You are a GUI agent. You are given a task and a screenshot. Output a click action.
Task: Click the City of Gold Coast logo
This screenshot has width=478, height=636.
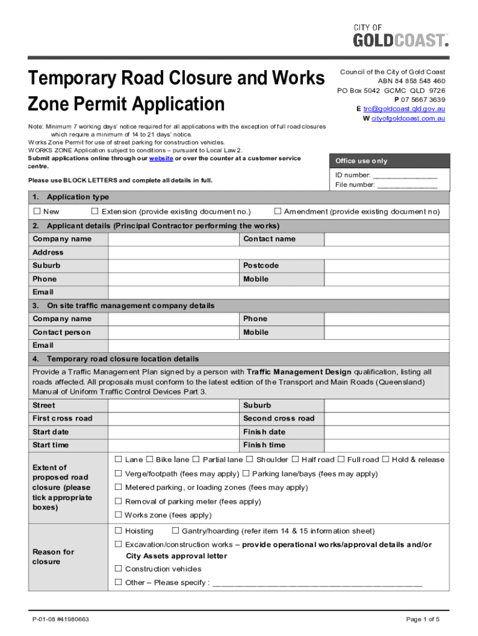[400, 35]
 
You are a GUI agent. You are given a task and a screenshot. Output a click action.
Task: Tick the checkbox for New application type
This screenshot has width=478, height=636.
[37, 212]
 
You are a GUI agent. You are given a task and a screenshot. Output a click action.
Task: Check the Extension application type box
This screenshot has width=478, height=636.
[95, 212]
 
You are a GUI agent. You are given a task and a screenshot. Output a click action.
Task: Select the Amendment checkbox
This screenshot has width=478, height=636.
[277, 212]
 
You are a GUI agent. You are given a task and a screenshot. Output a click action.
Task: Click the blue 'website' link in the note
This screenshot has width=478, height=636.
[161, 158]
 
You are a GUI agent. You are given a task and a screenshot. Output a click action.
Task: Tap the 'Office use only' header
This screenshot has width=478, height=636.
[361, 161]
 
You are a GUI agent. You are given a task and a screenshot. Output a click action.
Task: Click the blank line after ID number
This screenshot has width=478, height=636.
[404, 175]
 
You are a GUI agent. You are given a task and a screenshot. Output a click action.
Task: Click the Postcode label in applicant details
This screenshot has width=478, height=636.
[261, 266]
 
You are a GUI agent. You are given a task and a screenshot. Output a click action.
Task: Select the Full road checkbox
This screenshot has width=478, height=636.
[341, 460]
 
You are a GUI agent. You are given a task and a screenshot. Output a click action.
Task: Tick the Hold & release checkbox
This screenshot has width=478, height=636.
[386, 460]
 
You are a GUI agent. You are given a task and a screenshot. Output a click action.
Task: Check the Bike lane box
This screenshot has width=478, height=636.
[150, 460]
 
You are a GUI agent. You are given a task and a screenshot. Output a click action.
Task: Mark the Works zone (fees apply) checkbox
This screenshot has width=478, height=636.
[119, 515]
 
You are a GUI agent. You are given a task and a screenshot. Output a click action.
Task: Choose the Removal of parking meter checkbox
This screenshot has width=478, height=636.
[119, 501]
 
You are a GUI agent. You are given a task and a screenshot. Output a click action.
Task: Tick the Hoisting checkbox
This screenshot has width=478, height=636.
[119, 531]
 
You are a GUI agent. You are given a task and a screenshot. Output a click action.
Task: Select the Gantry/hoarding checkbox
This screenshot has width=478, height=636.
[176, 531]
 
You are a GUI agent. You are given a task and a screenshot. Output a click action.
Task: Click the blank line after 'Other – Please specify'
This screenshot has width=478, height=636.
[317, 583]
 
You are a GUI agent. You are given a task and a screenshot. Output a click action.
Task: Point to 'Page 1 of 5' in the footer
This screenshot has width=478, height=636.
[422, 619]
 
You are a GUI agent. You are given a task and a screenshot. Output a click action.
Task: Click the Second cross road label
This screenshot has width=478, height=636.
[279, 419]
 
